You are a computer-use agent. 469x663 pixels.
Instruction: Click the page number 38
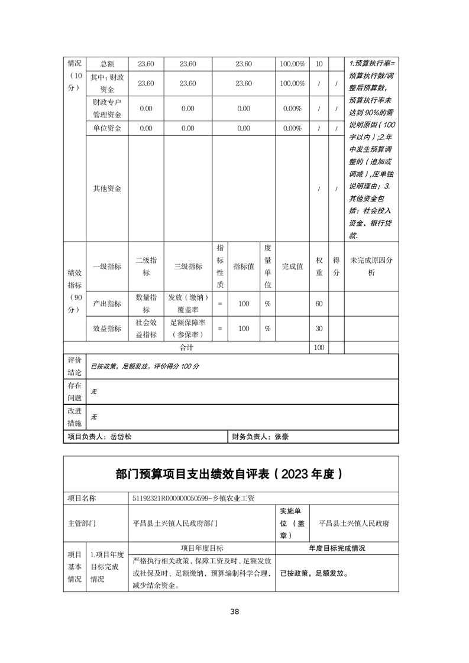click(x=235, y=612)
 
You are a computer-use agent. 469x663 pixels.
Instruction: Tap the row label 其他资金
click(x=106, y=188)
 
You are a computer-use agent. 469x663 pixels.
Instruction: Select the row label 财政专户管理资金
click(x=106, y=109)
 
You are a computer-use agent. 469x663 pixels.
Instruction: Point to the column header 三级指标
click(x=187, y=266)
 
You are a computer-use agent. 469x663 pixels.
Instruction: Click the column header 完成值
click(x=292, y=266)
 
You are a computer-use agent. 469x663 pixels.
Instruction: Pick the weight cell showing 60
click(x=319, y=304)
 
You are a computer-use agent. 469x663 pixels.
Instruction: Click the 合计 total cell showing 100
click(x=319, y=348)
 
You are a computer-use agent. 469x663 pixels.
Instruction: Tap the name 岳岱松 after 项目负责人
click(x=121, y=437)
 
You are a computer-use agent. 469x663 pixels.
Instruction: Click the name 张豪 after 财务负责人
click(x=281, y=437)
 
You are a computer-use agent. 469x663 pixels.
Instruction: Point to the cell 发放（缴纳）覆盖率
click(x=187, y=304)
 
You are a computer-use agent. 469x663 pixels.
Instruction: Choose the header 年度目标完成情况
click(x=337, y=548)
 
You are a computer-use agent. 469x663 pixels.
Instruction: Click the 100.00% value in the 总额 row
click(x=292, y=64)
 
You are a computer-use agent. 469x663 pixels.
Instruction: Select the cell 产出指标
click(x=106, y=304)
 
